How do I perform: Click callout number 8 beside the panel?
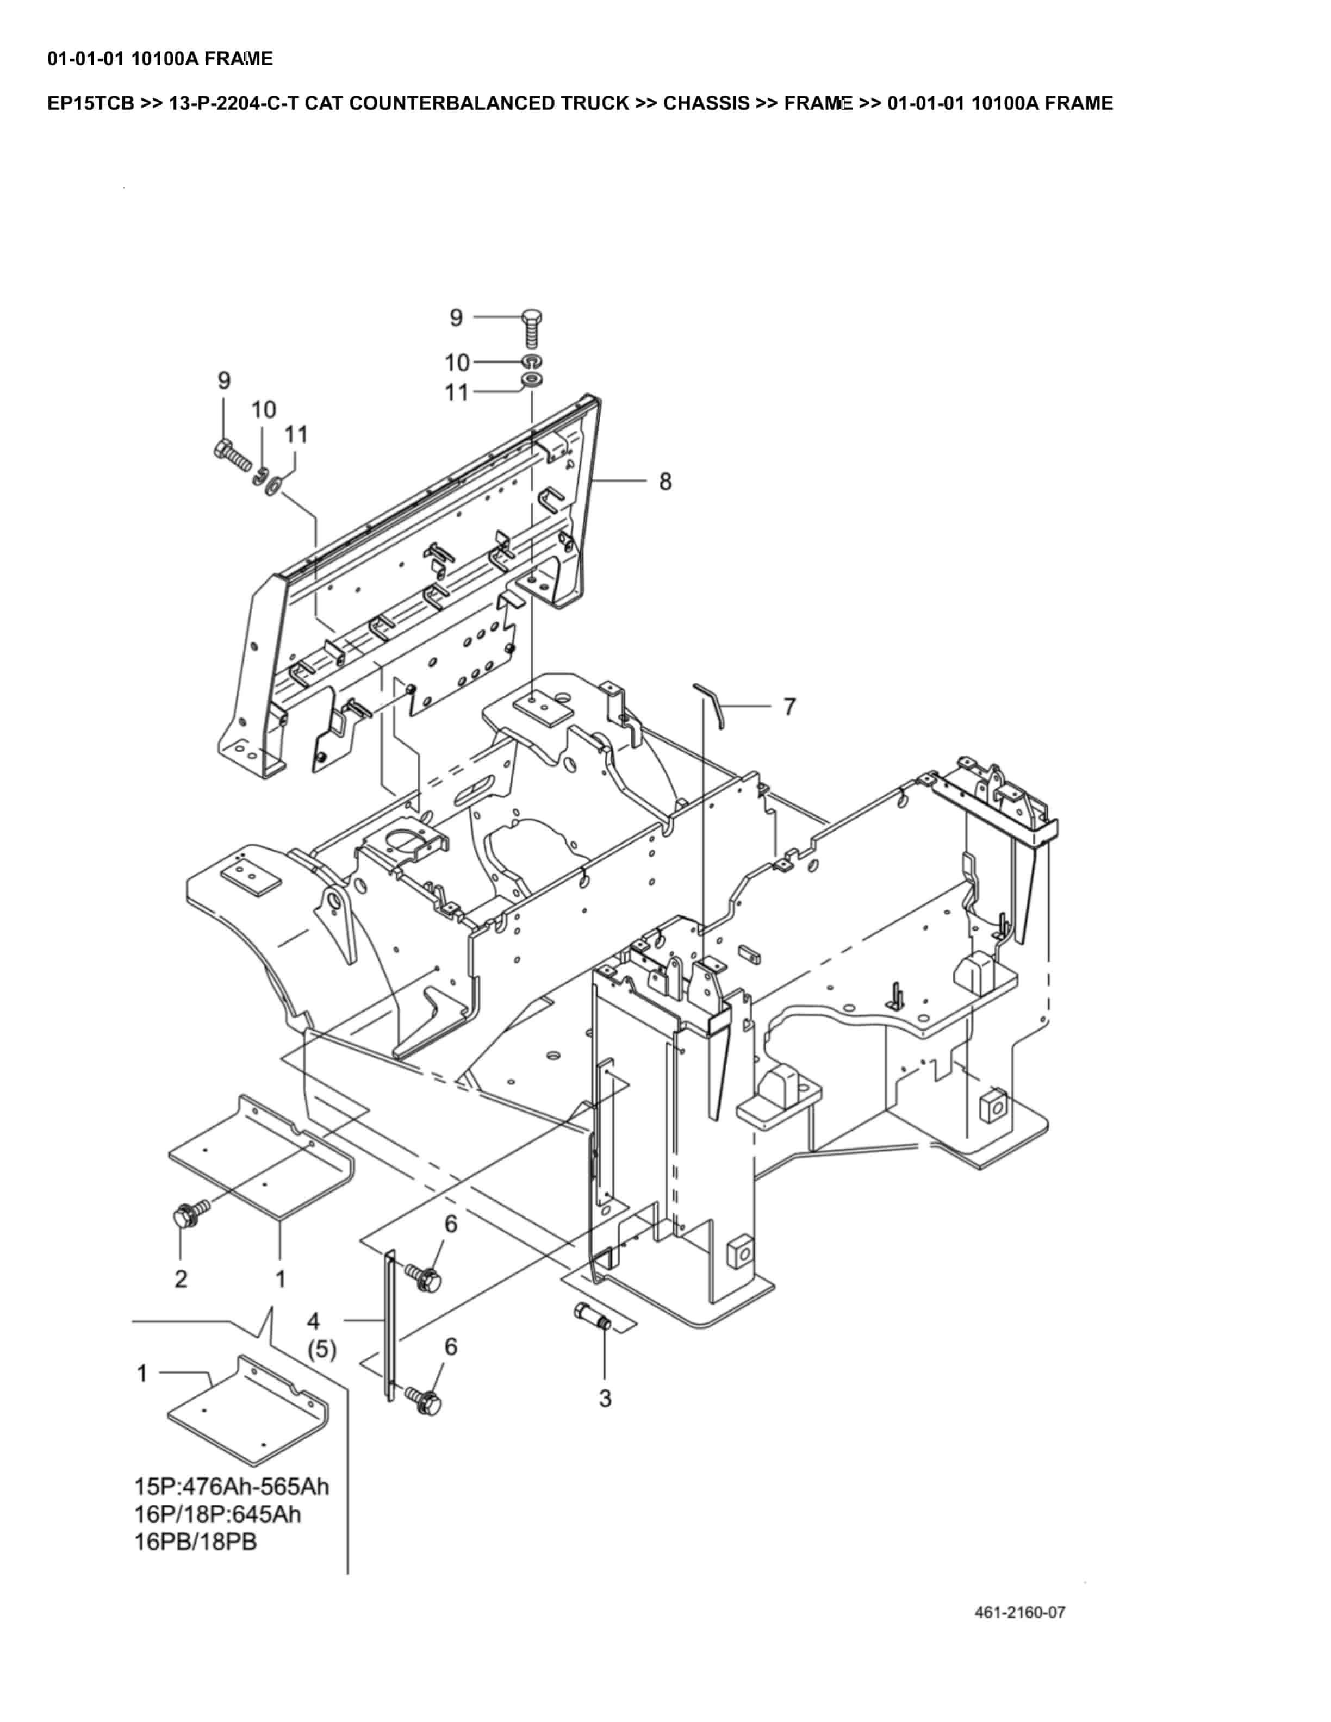coord(665,481)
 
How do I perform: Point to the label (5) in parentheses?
coord(322,1350)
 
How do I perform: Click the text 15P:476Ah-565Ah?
coord(231,1486)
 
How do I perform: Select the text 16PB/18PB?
coord(196,1542)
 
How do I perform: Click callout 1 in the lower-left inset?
coord(142,1374)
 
